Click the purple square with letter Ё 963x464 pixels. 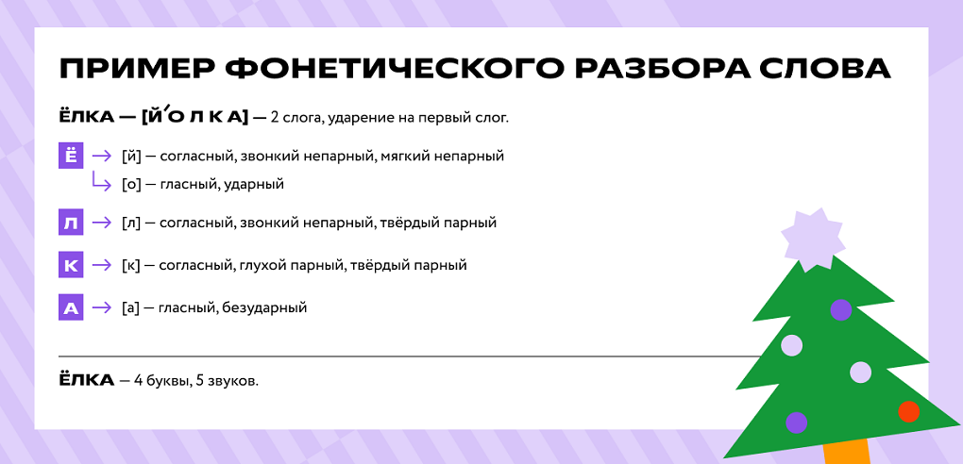pyautogui.click(x=71, y=156)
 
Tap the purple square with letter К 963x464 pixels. pyautogui.click(x=71, y=265)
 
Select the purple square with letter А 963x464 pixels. pyautogui.click(x=71, y=307)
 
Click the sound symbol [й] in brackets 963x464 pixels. pyautogui.click(x=131, y=156)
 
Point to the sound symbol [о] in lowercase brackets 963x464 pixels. pyautogui.click(x=131, y=184)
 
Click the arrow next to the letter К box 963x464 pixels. pyautogui.click(x=101, y=265)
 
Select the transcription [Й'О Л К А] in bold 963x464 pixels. pyautogui.click(x=194, y=117)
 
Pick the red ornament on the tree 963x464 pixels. pyautogui.click(x=908, y=411)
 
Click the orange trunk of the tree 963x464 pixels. pyautogui.click(x=845, y=451)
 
